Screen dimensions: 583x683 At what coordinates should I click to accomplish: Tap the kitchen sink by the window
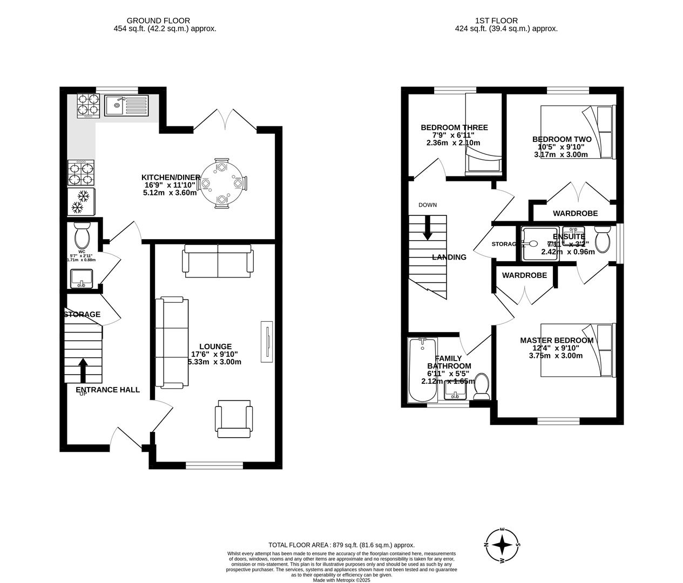click(x=126, y=105)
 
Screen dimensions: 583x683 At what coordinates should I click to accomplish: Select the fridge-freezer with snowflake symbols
click(x=80, y=201)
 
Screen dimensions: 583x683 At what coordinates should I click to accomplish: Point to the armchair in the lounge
click(x=233, y=420)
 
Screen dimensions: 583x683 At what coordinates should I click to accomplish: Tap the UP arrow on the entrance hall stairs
click(x=83, y=372)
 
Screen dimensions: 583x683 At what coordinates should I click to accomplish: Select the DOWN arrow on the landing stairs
click(x=427, y=228)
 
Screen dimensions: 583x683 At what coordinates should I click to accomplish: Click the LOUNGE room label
click(x=215, y=347)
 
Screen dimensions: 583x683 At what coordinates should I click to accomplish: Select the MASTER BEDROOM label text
click(x=557, y=340)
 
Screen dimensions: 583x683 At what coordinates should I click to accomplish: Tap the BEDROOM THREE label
click(x=454, y=128)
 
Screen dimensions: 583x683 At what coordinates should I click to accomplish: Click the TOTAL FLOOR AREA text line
click(x=341, y=545)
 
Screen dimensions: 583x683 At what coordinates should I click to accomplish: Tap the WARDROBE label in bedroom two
click(x=575, y=213)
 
